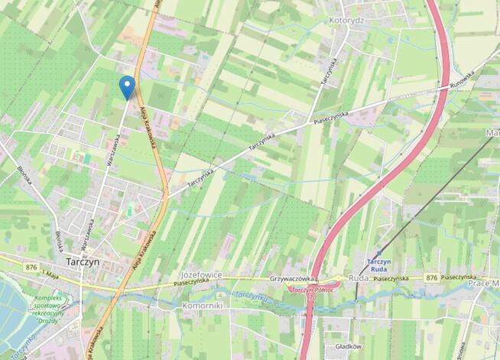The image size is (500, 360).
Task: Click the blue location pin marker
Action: (x=127, y=86)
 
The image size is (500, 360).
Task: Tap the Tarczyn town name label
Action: (x=83, y=261)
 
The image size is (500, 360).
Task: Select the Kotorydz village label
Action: (x=348, y=20)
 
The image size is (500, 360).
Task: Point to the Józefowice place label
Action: (x=200, y=274)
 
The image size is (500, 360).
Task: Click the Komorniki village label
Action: (x=202, y=305)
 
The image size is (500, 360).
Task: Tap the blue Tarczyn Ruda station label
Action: (x=379, y=264)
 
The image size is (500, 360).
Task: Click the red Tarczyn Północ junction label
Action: (x=310, y=290)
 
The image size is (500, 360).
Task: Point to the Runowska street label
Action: (x=462, y=79)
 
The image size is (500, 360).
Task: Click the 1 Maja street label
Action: (x=50, y=273)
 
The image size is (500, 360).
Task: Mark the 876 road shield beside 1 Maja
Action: (x=31, y=267)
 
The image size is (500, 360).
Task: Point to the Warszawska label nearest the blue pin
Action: (x=112, y=150)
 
